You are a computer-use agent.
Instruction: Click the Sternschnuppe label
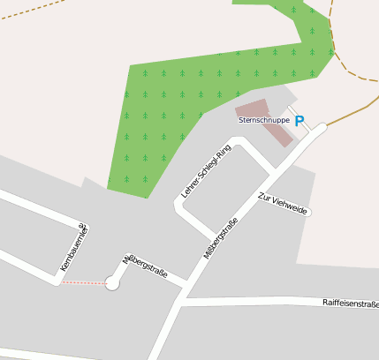[263, 119]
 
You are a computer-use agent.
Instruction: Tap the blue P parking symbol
[299, 121]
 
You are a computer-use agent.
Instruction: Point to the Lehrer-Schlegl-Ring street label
[205, 171]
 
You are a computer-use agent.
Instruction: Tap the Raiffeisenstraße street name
[351, 303]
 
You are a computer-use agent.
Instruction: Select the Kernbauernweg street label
[74, 246]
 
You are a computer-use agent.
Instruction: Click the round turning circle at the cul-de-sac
[112, 283]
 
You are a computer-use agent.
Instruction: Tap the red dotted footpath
[83, 283]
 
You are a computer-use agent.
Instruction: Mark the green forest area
[177, 106]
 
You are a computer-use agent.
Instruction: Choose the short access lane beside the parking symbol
[300, 118]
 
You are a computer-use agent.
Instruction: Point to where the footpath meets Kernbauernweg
[60, 282]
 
